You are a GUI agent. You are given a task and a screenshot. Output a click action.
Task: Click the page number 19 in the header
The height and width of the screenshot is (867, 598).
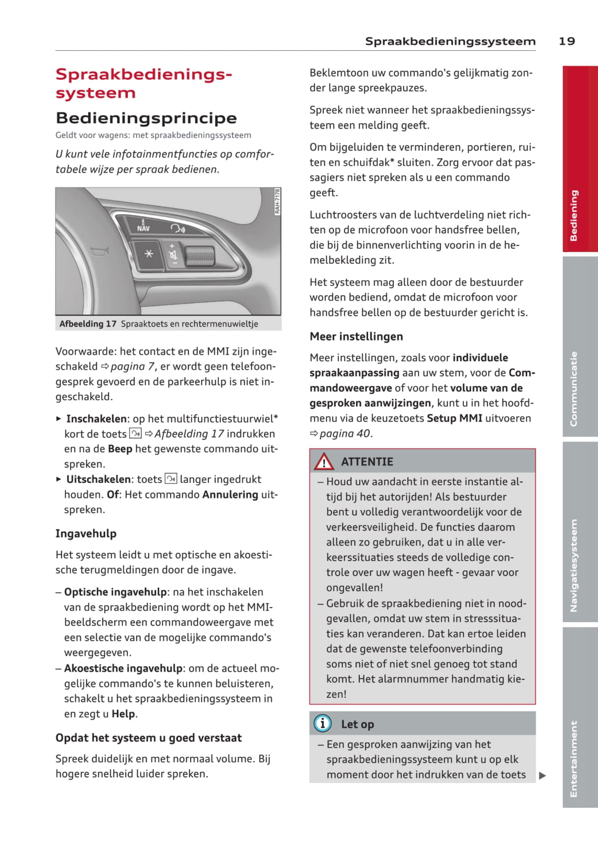click(567, 41)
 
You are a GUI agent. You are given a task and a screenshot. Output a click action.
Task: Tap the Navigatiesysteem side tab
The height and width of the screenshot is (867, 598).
click(580, 532)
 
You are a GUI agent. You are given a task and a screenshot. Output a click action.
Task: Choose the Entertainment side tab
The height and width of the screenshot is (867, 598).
click(580, 718)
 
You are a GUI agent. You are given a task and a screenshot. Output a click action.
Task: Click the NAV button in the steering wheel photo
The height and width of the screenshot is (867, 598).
click(143, 226)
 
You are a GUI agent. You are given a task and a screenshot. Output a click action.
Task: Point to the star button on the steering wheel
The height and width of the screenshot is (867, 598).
click(149, 254)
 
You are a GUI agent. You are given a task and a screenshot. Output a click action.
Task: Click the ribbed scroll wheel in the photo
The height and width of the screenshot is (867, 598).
click(200, 255)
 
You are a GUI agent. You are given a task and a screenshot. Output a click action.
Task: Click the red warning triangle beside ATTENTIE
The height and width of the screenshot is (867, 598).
click(324, 462)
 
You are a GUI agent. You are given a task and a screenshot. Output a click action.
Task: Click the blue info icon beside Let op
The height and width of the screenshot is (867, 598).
click(322, 724)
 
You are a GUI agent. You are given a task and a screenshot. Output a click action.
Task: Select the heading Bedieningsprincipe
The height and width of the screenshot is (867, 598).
click(146, 118)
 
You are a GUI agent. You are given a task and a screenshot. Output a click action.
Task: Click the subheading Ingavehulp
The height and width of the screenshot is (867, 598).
click(86, 534)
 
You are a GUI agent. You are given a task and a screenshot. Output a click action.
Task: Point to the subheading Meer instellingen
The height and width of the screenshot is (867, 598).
click(356, 337)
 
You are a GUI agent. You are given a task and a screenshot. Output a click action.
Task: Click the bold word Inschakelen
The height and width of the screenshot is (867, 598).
click(96, 419)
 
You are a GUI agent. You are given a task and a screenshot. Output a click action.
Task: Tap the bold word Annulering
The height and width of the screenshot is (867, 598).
click(230, 494)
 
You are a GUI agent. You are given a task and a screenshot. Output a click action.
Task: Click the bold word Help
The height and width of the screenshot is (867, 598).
click(123, 714)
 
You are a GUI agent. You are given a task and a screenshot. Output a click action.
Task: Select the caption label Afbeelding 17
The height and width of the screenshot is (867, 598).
click(88, 324)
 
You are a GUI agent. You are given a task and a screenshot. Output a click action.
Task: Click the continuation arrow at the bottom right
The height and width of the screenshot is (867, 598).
click(542, 775)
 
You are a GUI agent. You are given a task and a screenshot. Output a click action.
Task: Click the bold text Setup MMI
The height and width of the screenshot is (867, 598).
click(454, 418)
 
